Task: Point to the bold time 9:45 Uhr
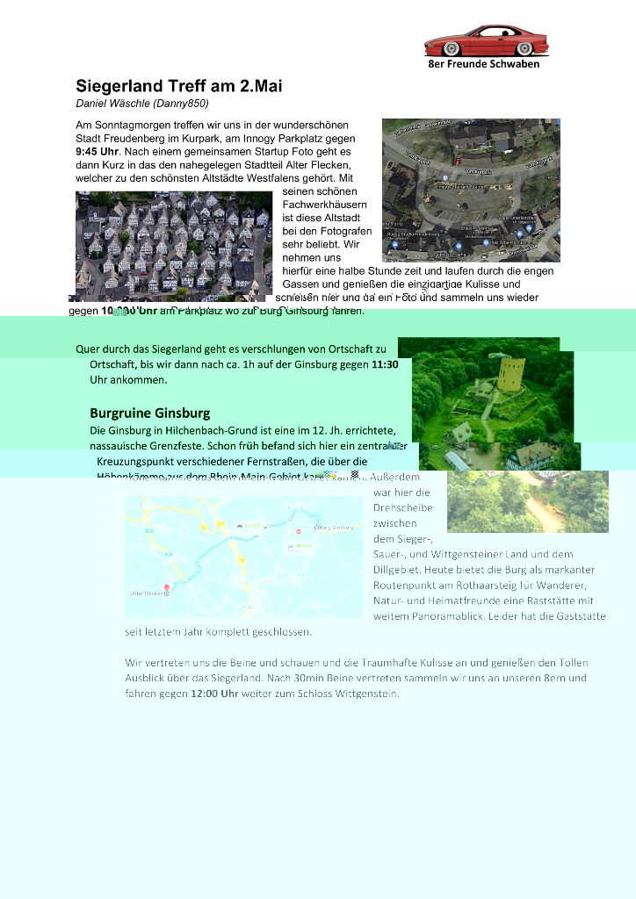97,152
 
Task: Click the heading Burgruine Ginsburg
149,413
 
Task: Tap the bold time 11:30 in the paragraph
386,364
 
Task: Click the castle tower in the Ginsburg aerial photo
511,373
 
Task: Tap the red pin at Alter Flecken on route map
166,589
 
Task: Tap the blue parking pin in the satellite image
459,245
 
